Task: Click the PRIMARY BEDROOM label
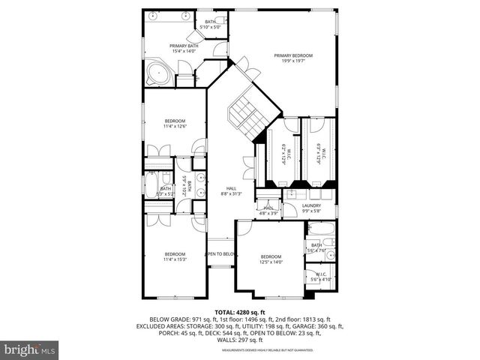tap(292, 58)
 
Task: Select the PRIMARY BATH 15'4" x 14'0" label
tap(183, 49)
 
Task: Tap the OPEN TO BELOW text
tap(222, 254)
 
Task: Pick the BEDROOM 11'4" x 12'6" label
tap(175, 124)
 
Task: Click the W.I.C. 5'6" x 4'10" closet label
tap(321, 277)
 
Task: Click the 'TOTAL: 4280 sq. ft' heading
tap(239, 311)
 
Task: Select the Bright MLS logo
tap(30, 349)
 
